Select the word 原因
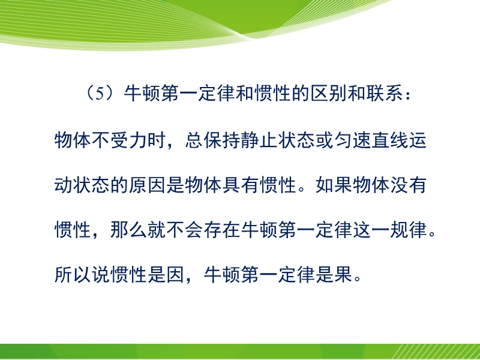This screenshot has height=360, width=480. pyautogui.click(x=148, y=185)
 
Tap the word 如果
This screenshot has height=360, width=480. pyautogui.click(x=334, y=185)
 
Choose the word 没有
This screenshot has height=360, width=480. pyautogui.click(x=409, y=185)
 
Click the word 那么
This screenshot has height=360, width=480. pyautogui.click(x=129, y=230)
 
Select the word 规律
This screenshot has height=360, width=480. pyautogui.click(x=409, y=230)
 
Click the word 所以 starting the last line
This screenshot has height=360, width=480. pyautogui.click(x=73, y=274)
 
